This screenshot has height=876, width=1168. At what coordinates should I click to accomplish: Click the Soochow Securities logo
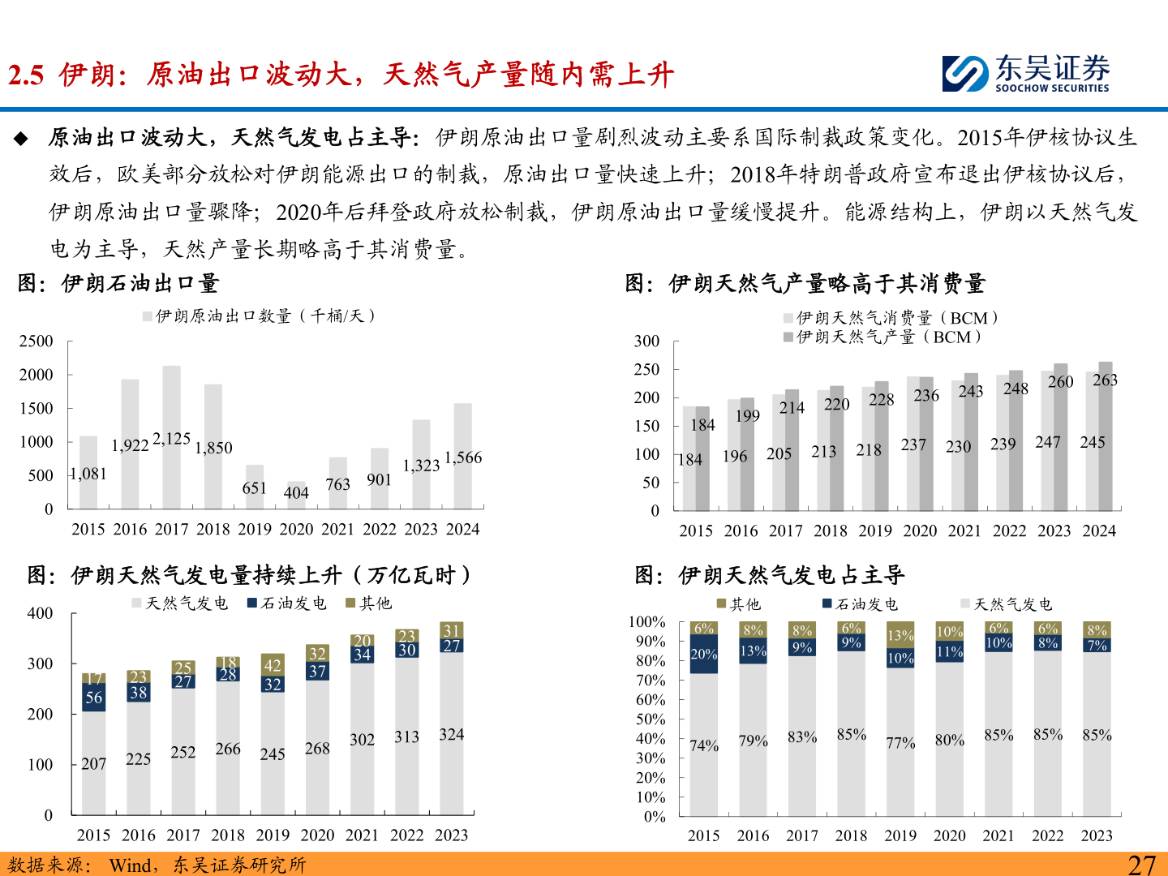(x=1025, y=74)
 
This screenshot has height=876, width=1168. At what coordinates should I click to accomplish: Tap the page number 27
(x=1141, y=865)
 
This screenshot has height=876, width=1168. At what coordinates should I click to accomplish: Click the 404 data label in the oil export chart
(x=296, y=492)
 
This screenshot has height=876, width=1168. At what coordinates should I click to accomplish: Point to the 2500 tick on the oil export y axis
(x=36, y=341)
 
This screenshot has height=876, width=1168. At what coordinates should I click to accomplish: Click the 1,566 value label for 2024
(x=463, y=457)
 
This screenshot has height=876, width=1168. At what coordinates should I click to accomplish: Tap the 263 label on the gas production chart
(x=1105, y=380)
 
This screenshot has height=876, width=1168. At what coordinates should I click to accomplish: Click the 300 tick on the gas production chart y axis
(x=646, y=341)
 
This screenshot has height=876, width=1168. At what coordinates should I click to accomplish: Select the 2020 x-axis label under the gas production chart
(x=920, y=530)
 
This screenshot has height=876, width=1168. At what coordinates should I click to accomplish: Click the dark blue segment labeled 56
(x=94, y=698)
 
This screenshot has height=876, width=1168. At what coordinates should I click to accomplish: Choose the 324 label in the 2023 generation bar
(x=452, y=734)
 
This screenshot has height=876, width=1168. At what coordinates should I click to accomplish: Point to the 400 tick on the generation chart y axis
(x=40, y=613)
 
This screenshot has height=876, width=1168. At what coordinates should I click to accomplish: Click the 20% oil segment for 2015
(x=704, y=654)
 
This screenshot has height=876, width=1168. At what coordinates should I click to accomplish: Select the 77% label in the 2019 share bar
(x=900, y=742)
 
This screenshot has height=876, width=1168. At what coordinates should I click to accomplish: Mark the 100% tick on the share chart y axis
(x=647, y=622)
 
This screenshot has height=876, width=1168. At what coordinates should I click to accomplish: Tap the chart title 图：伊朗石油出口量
(x=118, y=283)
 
